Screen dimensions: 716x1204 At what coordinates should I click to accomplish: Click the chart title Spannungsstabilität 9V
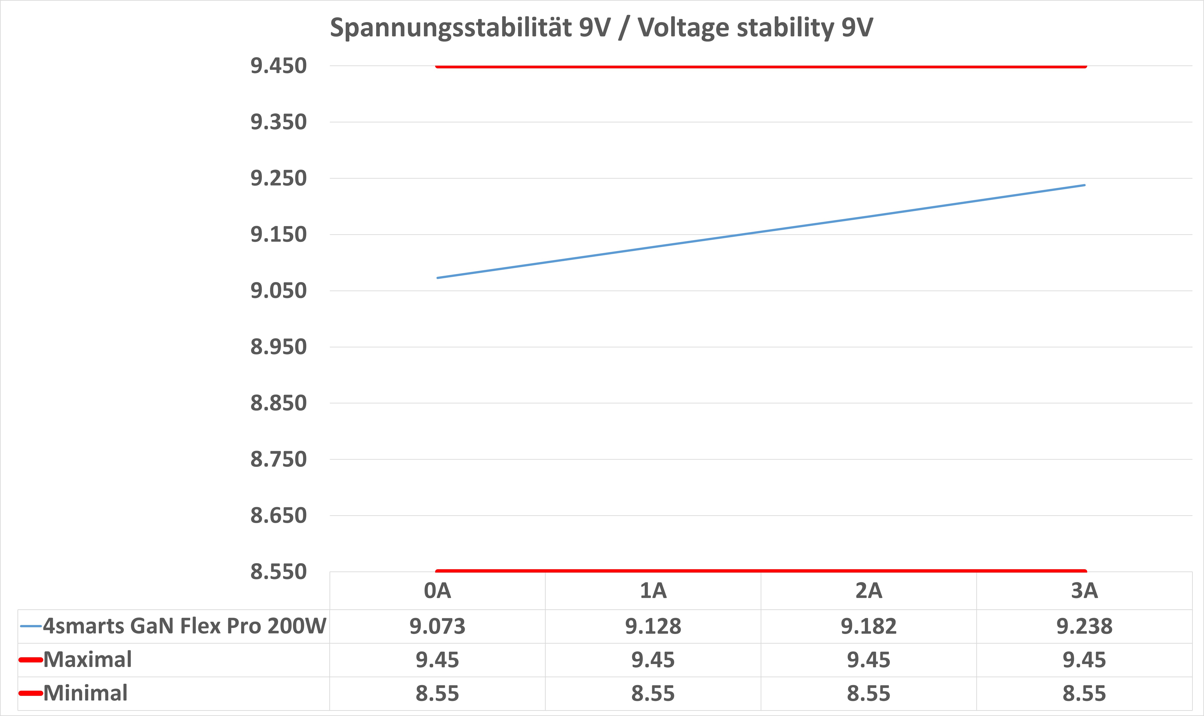pyautogui.click(x=601, y=28)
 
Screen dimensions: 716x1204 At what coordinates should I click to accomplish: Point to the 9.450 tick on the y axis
pyautogui.click(x=278, y=66)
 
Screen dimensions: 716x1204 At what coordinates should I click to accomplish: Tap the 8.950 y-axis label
pyautogui.click(x=278, y=347)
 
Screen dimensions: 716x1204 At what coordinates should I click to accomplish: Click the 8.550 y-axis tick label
pyautogui.click(x=278, y=572)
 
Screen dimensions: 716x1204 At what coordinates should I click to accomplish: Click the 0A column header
pyautogui.click(x=437, y=591)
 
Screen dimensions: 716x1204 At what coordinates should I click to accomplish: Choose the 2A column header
pyautogui.click(x=869, y=591)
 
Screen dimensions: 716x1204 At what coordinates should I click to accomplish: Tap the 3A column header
pyautogui.click(x=1084, y=591)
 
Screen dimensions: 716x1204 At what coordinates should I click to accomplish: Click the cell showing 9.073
pyautogui.click(x=437, y=626)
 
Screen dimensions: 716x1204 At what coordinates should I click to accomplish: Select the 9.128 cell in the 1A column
pyautogui.click(x=653, y=626)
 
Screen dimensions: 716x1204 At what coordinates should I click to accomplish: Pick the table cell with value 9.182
pyautogui.click(x=869, y=626)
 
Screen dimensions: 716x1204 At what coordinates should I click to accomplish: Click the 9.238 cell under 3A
pyautogui.click(x=1084, y=626)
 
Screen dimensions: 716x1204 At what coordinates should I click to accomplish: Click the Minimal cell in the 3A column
pyautogui.click(x=1084, y=693)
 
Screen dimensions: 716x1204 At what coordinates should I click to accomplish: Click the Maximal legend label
pyautogui.click(x=87, y=660)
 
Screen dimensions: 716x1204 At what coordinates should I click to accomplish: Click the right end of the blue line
pyautogui.click(x=1084, y=185)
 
